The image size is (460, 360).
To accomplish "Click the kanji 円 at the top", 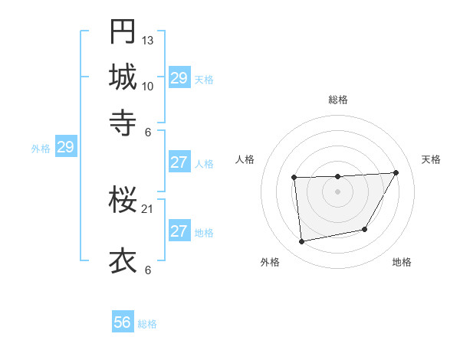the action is point(123,32).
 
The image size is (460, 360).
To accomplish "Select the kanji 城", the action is point(123,77).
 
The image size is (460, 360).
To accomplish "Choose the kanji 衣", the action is point(123,261).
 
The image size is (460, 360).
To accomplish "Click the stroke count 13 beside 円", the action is point(148,40).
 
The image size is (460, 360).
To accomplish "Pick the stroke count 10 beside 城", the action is point(148,86).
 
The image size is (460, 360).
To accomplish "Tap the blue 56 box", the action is point(123,322).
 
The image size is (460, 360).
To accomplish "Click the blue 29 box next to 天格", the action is point(179,78).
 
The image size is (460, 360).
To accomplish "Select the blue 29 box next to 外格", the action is point(65,147).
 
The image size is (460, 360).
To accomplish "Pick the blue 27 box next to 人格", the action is point(179,162).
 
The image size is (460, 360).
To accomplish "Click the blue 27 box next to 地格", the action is point(179,231).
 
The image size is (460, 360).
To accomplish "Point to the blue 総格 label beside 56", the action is point(147,324).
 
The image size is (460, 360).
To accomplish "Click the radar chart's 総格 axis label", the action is point(338,100).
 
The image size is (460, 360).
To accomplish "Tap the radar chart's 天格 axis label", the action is point(431,159).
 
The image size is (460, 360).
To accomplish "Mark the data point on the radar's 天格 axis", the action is point(396,172).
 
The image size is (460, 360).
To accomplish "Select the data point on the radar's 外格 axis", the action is point(302,242).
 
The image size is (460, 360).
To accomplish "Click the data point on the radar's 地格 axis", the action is point(365,229).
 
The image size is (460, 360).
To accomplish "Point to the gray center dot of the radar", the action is point(337,191).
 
